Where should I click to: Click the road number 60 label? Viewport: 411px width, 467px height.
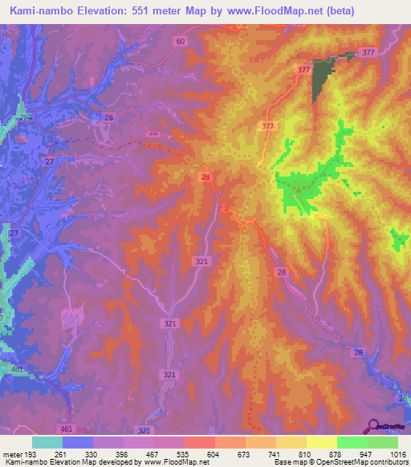180,41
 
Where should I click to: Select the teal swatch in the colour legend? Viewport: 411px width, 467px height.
47,442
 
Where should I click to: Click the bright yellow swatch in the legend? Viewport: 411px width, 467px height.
321,442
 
